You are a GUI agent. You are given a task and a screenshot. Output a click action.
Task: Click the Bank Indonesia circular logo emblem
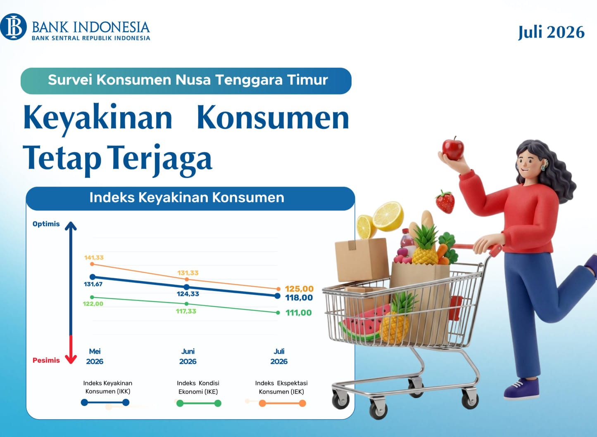13,26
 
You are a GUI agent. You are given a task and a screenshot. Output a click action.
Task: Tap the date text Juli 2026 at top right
551,33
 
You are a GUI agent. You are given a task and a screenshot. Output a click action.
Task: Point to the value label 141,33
94,257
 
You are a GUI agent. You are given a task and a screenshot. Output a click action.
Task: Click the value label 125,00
299,289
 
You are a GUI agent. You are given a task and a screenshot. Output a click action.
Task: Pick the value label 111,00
298,313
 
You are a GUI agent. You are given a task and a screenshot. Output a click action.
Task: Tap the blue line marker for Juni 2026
187,287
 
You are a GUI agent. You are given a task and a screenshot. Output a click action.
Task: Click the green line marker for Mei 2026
92,297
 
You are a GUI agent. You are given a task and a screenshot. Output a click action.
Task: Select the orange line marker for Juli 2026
278,289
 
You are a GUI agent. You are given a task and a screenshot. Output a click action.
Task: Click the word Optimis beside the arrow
46,224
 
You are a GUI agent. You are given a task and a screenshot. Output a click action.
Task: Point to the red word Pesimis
46,360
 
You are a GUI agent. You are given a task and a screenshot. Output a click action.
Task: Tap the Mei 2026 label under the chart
95,357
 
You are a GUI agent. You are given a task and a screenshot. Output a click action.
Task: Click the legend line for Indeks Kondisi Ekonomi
199,404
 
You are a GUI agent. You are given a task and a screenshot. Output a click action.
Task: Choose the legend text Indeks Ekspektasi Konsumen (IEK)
281,387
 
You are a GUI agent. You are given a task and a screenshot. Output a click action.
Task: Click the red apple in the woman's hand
453,149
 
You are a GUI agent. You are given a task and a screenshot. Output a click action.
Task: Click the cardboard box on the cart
362,259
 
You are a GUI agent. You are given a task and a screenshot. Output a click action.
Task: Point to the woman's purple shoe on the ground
521,389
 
